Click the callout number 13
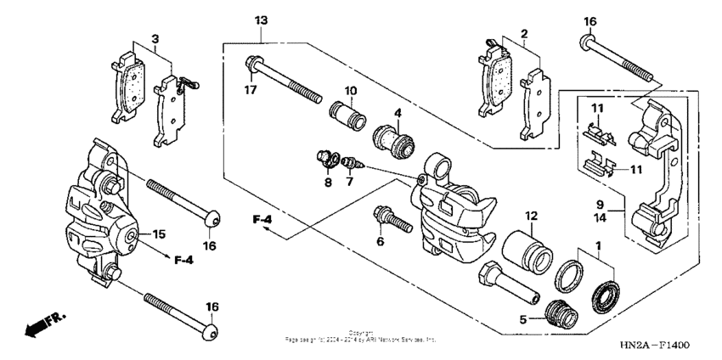click(260, 19)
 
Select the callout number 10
click(348, 90)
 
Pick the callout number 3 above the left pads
click(155, 38)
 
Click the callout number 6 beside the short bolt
click(381, 242)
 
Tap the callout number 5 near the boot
click(522, 322)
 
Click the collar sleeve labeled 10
click(346, 114)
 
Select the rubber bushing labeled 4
click(392, 136)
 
